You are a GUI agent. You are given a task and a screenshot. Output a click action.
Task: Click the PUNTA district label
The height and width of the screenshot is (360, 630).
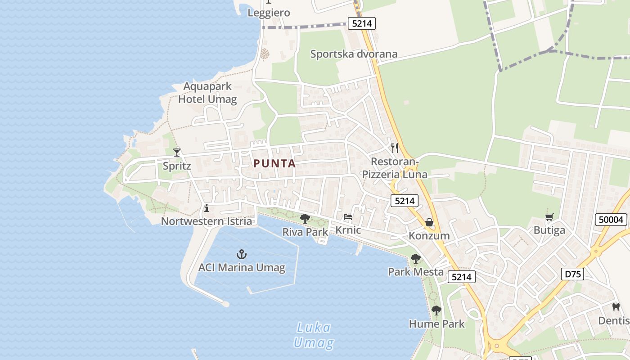274,164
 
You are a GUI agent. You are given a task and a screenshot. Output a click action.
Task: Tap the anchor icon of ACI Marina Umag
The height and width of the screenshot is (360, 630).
242,255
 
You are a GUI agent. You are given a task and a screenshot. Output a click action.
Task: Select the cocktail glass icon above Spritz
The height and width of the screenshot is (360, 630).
177,153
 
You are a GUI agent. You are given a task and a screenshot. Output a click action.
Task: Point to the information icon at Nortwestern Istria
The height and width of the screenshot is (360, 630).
207,208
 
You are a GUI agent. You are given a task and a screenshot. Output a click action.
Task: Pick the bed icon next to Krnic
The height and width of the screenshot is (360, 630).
348,217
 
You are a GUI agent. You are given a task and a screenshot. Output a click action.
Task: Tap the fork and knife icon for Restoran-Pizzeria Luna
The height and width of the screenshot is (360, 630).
395,148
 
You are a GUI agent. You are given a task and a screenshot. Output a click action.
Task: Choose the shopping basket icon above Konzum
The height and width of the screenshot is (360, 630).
429,223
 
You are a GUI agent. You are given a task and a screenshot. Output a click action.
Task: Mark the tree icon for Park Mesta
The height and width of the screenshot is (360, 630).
416,259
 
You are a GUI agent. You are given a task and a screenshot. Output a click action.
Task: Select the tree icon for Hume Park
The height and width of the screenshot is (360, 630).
436,310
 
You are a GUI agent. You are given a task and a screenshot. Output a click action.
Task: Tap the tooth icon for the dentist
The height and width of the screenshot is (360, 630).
616,307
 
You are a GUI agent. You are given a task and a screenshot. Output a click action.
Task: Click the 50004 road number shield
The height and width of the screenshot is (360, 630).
611,220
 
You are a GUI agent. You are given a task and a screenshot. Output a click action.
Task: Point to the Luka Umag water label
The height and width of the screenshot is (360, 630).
314,335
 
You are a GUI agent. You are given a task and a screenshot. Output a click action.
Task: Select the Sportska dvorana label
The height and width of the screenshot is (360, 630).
354,54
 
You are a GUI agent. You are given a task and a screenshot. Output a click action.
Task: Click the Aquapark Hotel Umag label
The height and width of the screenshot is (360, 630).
207,93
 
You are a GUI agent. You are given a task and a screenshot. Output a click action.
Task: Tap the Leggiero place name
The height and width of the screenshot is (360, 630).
269,13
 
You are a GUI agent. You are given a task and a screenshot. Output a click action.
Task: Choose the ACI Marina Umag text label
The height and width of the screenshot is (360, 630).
242,268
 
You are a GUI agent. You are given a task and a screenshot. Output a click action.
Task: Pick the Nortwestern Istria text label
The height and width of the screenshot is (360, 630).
207,221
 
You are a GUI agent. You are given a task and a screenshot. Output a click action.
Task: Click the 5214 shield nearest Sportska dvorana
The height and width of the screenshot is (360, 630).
361,23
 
